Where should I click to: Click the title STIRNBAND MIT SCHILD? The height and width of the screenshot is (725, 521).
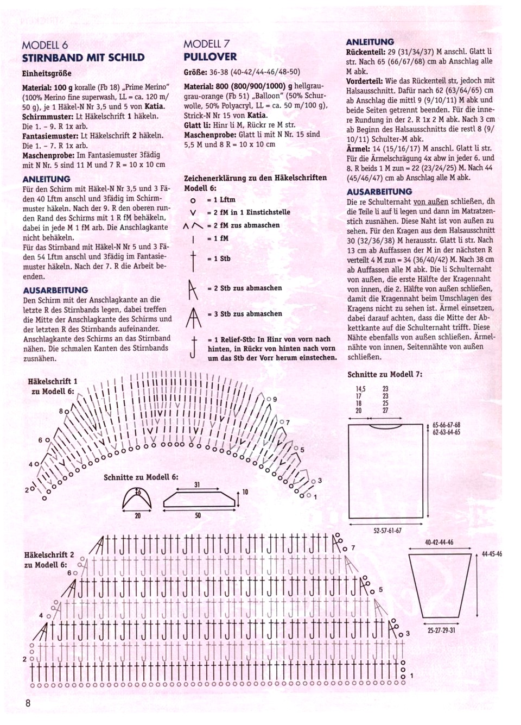[83, 58]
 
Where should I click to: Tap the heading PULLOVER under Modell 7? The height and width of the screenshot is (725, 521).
[210, 57]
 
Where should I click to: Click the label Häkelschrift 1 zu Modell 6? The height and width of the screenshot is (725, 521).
[53, 386]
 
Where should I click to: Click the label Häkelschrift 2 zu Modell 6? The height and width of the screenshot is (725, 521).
[49, 559]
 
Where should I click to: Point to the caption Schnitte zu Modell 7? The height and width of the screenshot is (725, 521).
[385, 374]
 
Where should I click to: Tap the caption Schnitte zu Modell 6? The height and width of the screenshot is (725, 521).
[141, 477]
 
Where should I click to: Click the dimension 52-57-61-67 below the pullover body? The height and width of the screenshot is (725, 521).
[387, 531]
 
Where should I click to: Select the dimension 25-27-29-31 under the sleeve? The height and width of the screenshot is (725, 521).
[441, 631]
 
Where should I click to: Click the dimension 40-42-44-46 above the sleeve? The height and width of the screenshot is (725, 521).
[439, 542]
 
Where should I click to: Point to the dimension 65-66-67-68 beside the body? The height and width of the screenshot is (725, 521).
[446, 425]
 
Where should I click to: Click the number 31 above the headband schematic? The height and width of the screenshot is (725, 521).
[197, 484]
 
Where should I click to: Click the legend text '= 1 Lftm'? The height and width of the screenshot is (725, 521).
[221, 200]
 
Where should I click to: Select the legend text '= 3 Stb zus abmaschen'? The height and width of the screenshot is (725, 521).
[245, 314]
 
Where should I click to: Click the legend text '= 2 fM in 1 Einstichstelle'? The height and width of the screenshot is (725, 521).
[249, 212]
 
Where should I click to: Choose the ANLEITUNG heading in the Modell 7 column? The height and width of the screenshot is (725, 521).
[370, 42]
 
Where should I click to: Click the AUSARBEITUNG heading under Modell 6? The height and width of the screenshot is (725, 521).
[55, 290]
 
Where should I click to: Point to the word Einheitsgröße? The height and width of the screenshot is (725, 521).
[47, 73]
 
